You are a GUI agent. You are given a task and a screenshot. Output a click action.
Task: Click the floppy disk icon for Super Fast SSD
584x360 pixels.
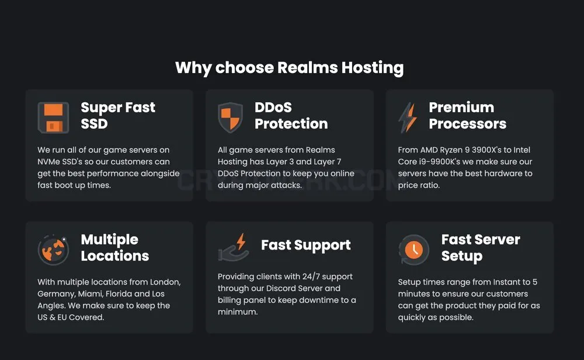coord(53,118)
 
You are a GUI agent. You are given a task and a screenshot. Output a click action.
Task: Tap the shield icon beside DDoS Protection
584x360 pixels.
coord(230,118)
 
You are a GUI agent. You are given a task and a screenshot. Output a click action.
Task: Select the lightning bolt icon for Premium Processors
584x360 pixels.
coord(408,118)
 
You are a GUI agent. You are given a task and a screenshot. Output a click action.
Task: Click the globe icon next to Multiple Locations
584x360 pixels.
coord(53,250)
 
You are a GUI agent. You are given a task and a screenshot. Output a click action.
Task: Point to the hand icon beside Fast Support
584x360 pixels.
coord(234,247)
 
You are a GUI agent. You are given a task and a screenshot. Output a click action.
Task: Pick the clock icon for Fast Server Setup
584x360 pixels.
coord(414,250)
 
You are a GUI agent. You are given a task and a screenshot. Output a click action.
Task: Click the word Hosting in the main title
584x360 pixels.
coord(373,68)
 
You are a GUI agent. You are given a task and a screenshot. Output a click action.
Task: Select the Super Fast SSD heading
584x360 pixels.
coord(118,116)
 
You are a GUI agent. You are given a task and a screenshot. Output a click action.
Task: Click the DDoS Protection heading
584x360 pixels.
coord(291,116)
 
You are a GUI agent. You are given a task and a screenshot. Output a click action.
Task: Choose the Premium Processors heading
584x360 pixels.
coord(467,116)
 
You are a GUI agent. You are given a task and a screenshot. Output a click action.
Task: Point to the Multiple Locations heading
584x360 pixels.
coord(114,247)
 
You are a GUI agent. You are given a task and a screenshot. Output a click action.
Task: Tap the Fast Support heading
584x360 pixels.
coord(306,245)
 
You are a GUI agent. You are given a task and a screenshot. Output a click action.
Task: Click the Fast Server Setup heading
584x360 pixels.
coord(481,248)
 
